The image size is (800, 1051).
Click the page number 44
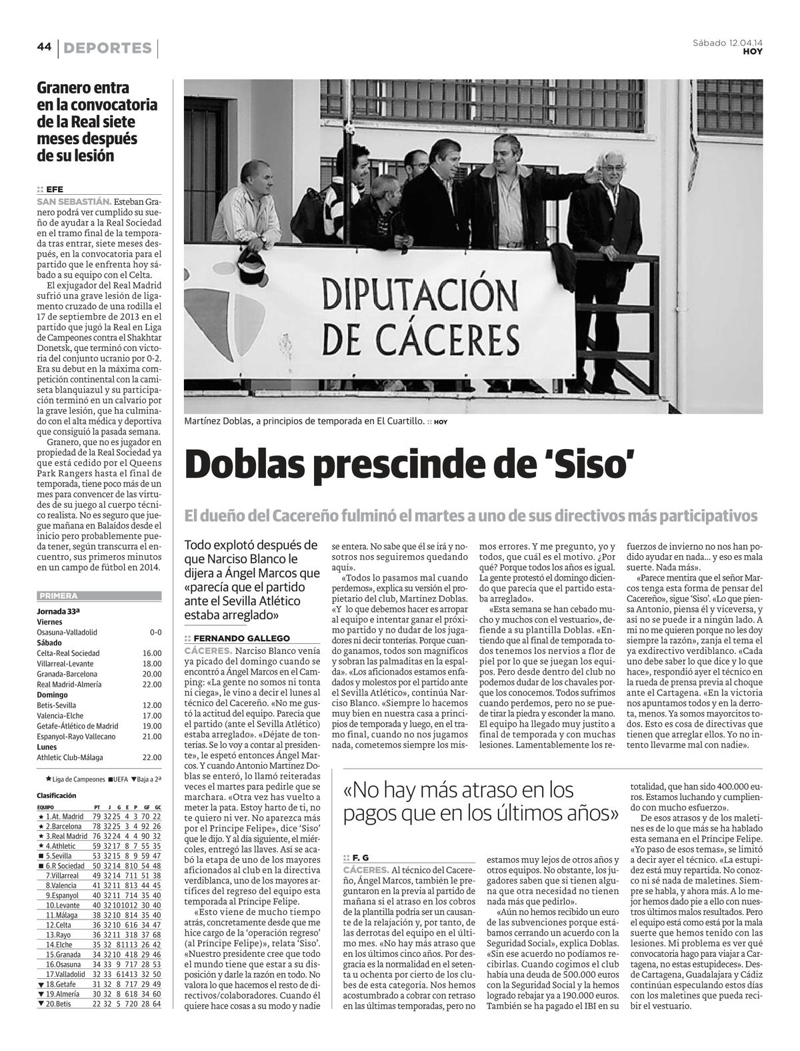tap(44, 47)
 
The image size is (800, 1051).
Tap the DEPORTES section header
tap(108, 48)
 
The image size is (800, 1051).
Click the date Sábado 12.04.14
tap(727, 43)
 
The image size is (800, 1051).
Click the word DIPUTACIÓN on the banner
tap(420, 292)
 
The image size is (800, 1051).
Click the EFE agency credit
tap(55, 189)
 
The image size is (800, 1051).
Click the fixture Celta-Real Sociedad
tap(68, 653)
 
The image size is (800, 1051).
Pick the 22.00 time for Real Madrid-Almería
tap(152, 684)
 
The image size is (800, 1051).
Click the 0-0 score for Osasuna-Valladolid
tap(155, 632)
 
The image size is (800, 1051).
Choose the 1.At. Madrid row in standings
tap(99, 816)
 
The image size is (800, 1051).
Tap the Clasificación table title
tap(57, 795)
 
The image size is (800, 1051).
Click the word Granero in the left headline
tap(64, 88)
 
